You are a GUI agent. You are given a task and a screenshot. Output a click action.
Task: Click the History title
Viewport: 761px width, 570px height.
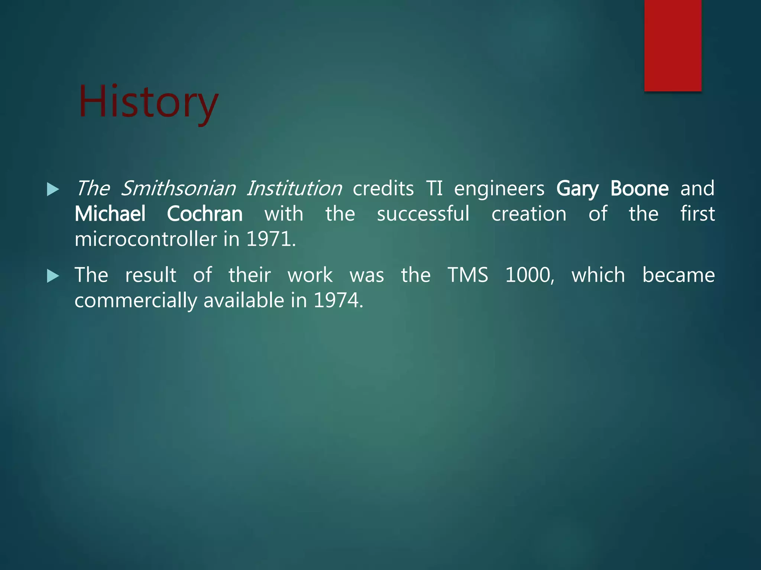click(148, 102)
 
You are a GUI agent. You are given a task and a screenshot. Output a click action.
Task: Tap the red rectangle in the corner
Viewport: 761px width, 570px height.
click(673, 45)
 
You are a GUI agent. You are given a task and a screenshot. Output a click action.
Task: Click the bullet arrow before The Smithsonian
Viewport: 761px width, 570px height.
click(53, 190)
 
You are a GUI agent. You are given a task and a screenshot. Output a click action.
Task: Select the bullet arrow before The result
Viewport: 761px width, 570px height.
click(53, 276)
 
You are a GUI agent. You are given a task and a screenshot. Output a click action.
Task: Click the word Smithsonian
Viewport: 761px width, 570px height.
click(178, 189)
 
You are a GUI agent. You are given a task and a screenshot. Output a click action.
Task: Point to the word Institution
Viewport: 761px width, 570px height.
click(294, 189)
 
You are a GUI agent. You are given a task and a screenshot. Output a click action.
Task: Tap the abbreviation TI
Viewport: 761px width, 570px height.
click(434, 189)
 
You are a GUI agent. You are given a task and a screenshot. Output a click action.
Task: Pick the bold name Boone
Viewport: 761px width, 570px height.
click(639, 189)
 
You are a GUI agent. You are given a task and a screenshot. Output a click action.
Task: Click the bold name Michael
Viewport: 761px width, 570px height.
click(110, 214)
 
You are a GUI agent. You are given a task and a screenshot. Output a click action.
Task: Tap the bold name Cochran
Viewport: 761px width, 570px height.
click(205, 214)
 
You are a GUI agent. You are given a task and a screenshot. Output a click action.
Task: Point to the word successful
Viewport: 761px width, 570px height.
click(423, 214)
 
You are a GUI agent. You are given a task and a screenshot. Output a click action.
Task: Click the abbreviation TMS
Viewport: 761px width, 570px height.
click(467, 275)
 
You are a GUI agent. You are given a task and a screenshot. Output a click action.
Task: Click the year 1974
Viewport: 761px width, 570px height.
click(338, 301)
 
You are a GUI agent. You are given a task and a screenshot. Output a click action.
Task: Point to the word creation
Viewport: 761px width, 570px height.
click(529, 214)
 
